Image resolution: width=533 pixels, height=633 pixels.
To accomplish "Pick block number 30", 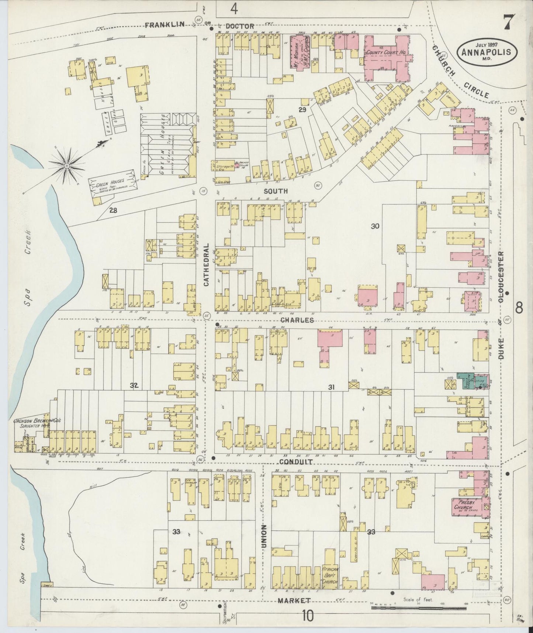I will [x=375, y=226].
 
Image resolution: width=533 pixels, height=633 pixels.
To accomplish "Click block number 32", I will [x=134, y=385].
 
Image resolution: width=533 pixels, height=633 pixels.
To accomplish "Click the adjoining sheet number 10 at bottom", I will [x=308, y=616].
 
